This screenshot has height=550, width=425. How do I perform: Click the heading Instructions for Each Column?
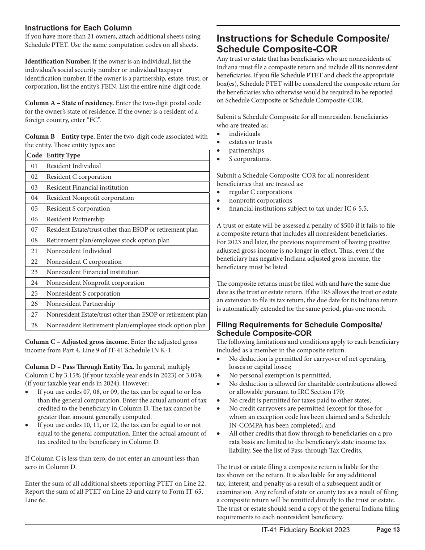78,28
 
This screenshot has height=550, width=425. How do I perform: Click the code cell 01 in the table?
34,166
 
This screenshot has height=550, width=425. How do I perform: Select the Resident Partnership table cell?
75,219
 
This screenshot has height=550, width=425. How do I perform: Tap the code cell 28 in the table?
34,325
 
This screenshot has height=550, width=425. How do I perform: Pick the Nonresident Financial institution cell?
93,272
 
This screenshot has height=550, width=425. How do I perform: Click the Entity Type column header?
63,155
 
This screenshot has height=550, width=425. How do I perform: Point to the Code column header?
34,155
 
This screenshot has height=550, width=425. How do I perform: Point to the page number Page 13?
388,530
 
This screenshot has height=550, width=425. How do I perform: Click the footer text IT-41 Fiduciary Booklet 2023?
306,530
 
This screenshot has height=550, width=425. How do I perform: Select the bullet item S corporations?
250,159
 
